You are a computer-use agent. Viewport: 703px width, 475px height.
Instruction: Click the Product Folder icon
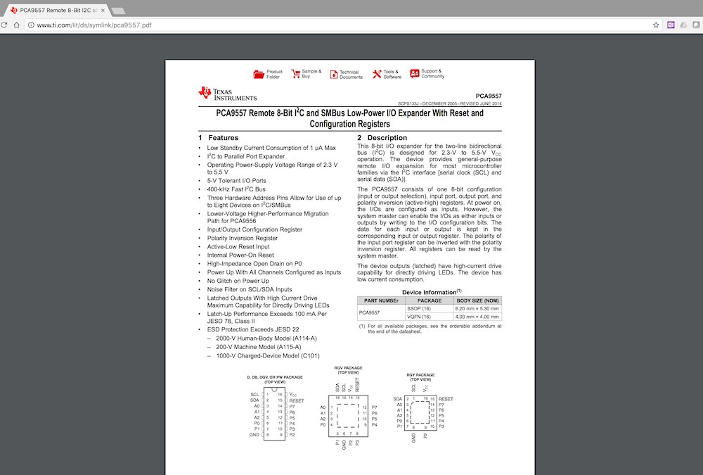259,74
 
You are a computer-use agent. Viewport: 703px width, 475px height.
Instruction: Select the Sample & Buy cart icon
295,73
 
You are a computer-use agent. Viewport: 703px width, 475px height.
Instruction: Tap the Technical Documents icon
333,74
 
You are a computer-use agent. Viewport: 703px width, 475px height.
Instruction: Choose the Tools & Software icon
377,73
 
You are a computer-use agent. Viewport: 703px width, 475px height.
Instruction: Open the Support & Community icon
415,73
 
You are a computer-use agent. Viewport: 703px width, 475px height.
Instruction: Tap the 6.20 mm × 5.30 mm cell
477,308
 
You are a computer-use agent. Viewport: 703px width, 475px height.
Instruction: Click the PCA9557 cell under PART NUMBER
370,312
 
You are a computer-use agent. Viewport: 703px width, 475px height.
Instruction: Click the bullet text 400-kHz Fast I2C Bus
236,189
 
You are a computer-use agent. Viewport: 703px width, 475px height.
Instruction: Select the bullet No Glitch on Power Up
238,281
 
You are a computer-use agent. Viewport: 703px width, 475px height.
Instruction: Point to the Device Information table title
431,292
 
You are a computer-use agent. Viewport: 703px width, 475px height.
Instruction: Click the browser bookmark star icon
655,25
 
